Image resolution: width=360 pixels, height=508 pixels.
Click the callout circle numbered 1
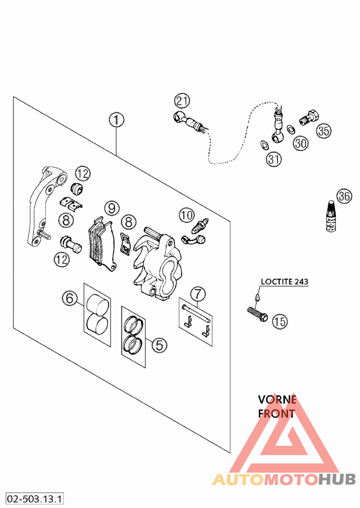tap(116, 120)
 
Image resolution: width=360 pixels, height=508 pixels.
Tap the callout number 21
tap(183, 101)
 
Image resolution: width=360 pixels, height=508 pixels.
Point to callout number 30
tap(301, 143)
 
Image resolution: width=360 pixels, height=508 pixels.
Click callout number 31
tap(273, 159)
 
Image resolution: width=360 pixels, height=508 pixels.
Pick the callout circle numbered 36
tap(345, 196)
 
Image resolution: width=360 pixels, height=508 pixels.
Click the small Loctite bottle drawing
tap(332, 218)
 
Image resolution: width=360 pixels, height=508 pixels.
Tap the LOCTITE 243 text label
tap(285, 281)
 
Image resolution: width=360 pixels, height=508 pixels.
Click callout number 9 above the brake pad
tap(112, 208)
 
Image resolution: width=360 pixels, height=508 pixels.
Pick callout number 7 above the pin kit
tap(198, 294)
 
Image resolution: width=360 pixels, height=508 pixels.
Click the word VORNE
tap(277, 399)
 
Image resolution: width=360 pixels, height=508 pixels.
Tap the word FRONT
tap(277, 413)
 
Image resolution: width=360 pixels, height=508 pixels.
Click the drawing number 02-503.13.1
tap(35, 499)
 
